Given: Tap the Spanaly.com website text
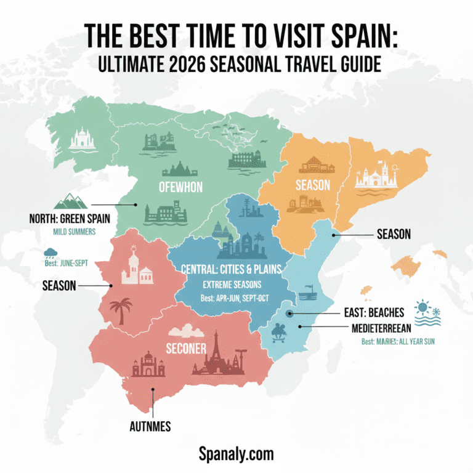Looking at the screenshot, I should (236, 455).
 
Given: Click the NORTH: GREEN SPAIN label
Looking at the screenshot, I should (65, 219).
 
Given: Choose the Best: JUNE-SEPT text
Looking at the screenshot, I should (66, 263).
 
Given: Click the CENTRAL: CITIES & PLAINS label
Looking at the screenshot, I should (232, 269).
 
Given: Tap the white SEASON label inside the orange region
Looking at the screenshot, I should (312, 185).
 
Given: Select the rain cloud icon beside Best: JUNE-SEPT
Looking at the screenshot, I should (50, 254).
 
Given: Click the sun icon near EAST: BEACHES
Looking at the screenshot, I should (423, 306).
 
